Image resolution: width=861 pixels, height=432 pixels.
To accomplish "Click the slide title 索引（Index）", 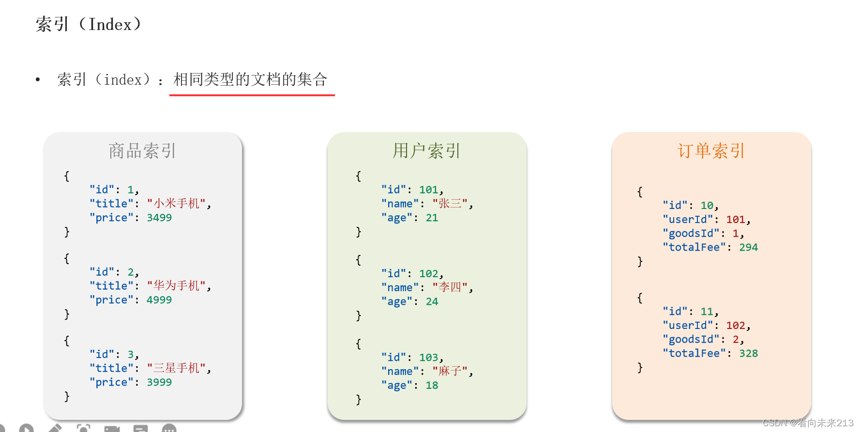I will pyautogui.click(x=89, y=24).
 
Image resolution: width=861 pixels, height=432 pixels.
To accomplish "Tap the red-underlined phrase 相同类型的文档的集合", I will pyautogui.click(x=250, y=79).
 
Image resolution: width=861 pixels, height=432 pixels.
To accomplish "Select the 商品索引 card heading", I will pyautogui.click(x=142, y=151).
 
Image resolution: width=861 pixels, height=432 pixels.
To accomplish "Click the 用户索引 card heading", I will pyautogui.click(x=426, y=151).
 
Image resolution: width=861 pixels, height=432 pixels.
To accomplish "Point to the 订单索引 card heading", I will pyautogui.click(x=711, y=151).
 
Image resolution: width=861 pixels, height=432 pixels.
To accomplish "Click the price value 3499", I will pyautogui.click(x=159, y=218).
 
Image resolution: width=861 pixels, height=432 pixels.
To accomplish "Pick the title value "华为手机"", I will pyautogui.click(x=177, y=286).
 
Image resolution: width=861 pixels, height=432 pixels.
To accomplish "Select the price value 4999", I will pyautogui.click(x=159, y=300).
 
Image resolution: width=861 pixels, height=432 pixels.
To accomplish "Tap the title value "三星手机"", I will pyautogui.click(x=177, y=368).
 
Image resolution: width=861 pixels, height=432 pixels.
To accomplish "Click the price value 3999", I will pyautogui.click(x=159, y=382).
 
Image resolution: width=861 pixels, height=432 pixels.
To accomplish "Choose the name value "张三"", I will pyautogui.click(x=450, y=204).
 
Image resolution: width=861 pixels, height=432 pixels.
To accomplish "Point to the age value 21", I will pyautogui.click(x=432, y=218).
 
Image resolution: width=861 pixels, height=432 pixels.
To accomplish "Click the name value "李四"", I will pyautogui.click(x=450, y=287).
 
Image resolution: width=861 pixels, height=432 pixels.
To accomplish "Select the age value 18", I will pyautogui.click(x=432, y=385).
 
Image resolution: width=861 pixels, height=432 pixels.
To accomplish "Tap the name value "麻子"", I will pyautogui.click(x=450, y=371).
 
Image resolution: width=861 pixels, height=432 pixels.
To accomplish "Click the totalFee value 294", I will pyautogui.click(x=748, y=247).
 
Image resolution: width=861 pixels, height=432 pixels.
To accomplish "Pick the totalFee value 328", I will pyautogui.click(x=748, y=353).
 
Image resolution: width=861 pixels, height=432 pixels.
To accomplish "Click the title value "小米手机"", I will pyautogui.click(x=177, y=204).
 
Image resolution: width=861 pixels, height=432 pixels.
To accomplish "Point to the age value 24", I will pyautogui.click(x=432, y=301).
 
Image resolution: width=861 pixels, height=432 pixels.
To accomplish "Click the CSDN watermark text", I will pyautogui.click(x=808, y=423).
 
